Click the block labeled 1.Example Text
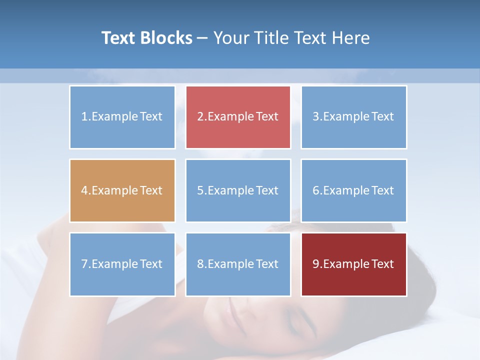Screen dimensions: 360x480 pyautogui.click(x=122, y=117)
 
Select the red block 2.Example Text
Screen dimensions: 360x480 pyautogui.click(x=238, y=117)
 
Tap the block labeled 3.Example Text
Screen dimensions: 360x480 pyautogui.click(x=353, y=117)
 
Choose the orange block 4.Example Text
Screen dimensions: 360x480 pyautogui.click(x=122, y=190)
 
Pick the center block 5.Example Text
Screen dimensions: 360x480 pyautogui.click(x=238, y=190)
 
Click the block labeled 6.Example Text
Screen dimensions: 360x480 pyautogui.click(x=353, y=190)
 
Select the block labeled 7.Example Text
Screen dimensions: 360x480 pyautogui.click(x=122, y=264)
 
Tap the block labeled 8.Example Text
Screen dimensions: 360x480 pyautogui.click(x=238, y=264)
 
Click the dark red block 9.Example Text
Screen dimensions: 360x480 pyautogui.click(x=353, y=264)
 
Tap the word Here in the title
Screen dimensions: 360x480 pyautogui.click(x=351, y=38)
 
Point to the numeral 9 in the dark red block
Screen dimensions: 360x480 pyautogui.click(x=315, y=264)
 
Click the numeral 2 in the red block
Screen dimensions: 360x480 pyautogui.click(x=200, y=117)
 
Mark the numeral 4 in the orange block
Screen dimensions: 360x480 pyautogui.click(x=84, y=190)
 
